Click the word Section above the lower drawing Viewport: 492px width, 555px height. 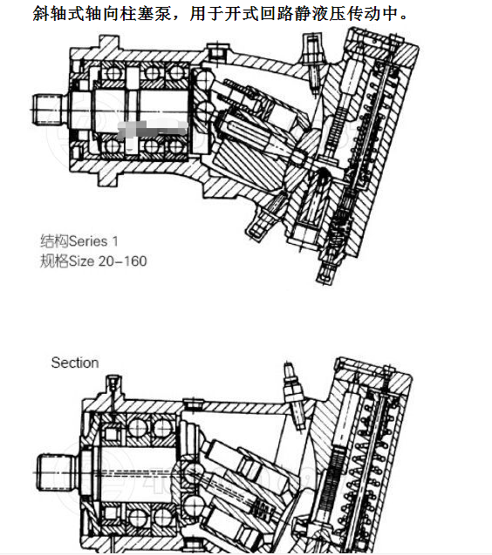[x=74, y=362]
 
